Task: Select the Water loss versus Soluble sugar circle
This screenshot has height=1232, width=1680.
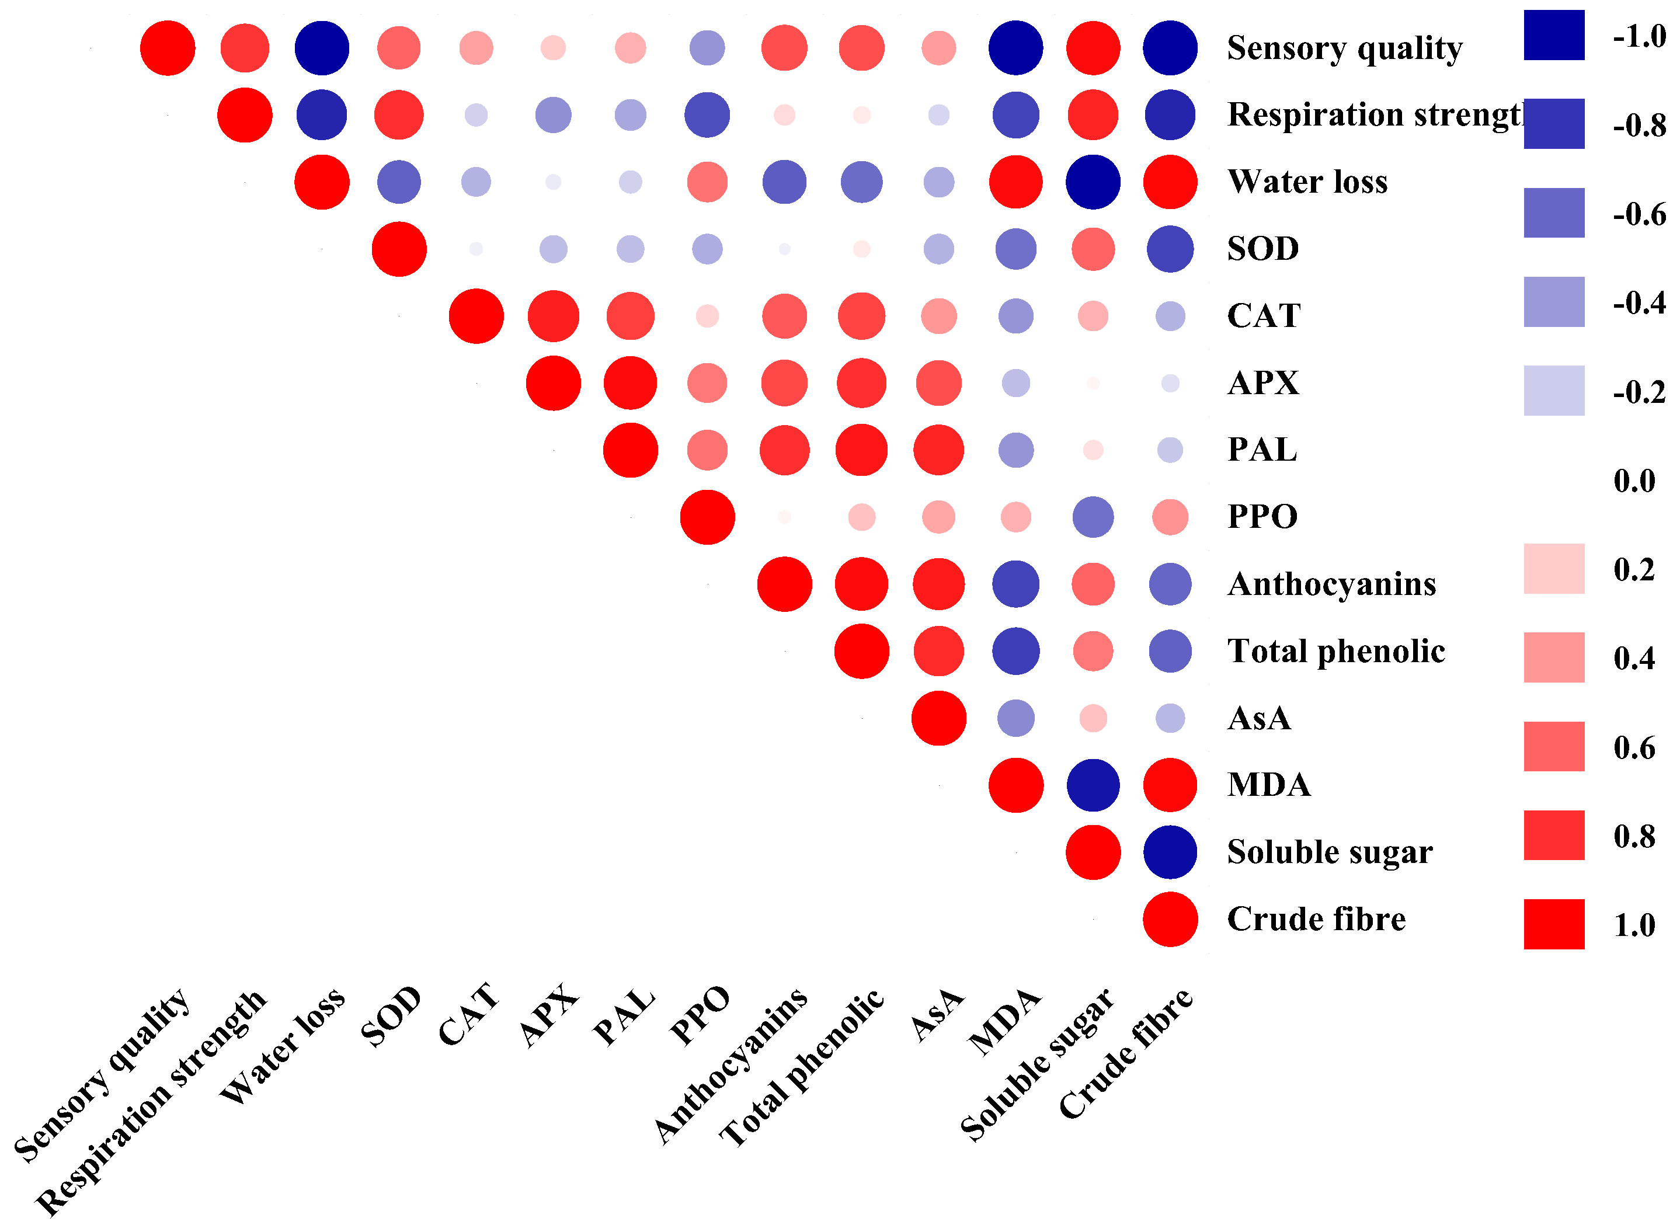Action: (x=1093, y=182)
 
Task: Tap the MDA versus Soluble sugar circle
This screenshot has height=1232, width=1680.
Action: (x=1093, y=785)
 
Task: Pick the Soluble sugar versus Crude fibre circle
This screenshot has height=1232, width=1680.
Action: (x=1170, y=852)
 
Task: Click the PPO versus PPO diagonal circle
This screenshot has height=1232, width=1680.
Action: (x=707, y=517)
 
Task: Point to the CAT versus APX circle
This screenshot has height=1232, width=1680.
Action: (x=554, y=316)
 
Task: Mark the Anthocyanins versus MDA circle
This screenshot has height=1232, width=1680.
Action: (x=1015, y=584)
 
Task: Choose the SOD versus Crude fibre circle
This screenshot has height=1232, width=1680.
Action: (x=1170, y=249)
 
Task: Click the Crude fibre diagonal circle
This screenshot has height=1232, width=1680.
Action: (x=1170, y=920)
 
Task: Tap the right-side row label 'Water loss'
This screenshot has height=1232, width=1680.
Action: (x=1307, y=182)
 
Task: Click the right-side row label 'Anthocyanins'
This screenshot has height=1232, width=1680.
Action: (x=1331, y=584)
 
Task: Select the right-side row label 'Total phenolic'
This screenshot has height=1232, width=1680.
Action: (x=1335, y=651)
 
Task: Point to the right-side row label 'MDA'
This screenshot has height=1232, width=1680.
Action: (x=1268, y=785)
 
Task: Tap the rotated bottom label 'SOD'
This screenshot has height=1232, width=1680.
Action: (x=391, y=1017)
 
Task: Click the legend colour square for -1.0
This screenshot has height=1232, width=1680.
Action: (x=1553, y=35)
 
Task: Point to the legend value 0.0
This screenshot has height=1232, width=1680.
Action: (x=1634, y=481)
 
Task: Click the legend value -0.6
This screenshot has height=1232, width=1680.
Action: (x=1638, y=215)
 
